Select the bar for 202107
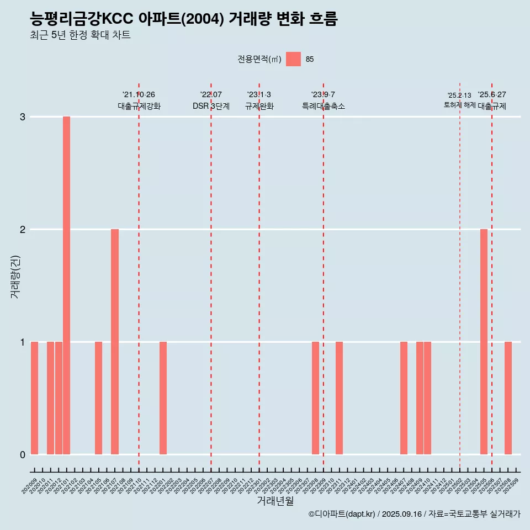pos(115,342)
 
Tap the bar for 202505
pos(484,342)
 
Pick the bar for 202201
pos(163,398)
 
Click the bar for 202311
pos(340,398)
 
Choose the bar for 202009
pos(34,398)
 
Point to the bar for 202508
pos(508,398)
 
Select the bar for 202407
pos(404,398)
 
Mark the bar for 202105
pos(98,398)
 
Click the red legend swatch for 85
pos(293,59)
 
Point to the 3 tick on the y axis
pos(23,117)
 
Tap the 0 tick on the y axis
pos(23,455)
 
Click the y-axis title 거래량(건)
pos(15,276)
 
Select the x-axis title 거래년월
pos(275,501)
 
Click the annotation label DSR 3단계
pos(211,106)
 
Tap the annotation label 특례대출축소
pos(324,106)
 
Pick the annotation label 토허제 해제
pos(460,105)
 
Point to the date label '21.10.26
pos(139,94)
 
